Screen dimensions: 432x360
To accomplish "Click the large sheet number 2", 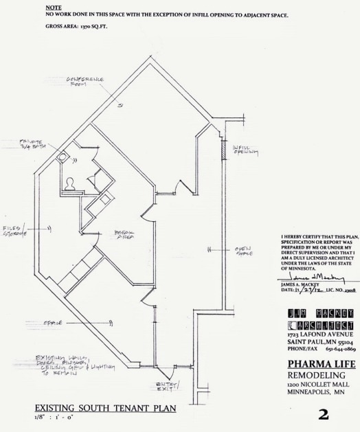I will pyautogui.click(x=323, y=414).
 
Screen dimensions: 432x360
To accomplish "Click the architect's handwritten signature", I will pyautogui.click(x=311, y=277).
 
